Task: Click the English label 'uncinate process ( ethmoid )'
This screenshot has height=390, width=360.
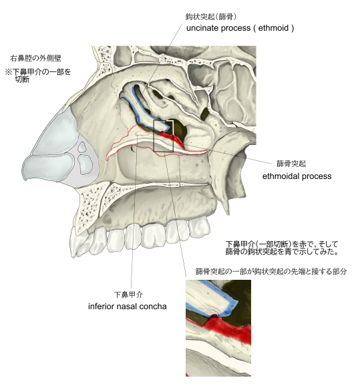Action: pyautogui.click(x=240, y=28)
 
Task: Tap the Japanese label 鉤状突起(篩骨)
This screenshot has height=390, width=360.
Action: pyautogui.click(x=211, y=17)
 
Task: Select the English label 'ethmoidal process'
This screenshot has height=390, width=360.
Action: pyautogui.click(x=297, y=176)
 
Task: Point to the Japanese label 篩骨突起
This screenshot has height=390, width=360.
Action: pyautogui.click(x=291, y=164)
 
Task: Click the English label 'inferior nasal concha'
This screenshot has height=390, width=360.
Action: pyautogui.click(x=128, y=306)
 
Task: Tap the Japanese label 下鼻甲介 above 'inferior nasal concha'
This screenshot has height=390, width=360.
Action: pyautogui.click(x=128, y=295)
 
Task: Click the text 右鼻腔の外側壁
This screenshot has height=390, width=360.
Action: pyautogui.click(x=35, y=59)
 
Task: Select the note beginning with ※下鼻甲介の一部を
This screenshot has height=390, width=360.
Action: pyautogui.click(x=38, y=75)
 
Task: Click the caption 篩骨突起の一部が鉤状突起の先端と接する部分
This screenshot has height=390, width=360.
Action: pyautogui.click(x=271, y=271)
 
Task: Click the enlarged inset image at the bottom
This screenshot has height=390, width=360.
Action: pyautogui.click(x=218, y=328)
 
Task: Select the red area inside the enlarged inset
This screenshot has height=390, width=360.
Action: pyautogui.click(x=228, y=329)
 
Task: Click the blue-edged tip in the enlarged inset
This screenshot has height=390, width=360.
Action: pyautogui.click(x=230, y=305)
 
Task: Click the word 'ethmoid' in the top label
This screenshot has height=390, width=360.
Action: pyautogui.click(x=273, y=28)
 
